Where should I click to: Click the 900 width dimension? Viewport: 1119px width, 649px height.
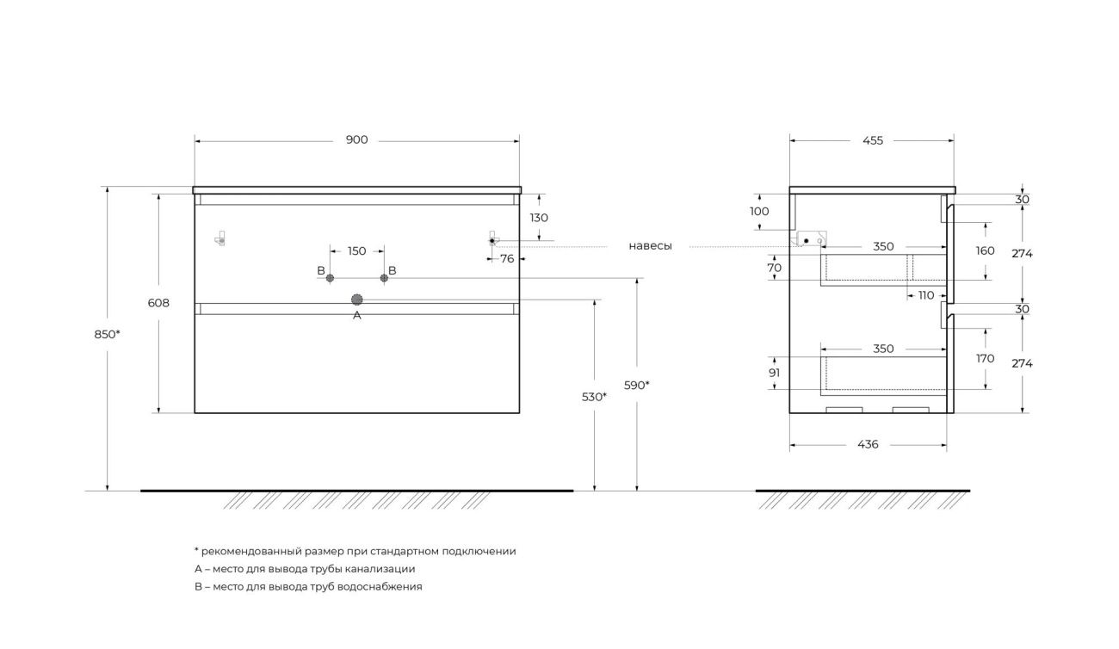click(x=356, y=140)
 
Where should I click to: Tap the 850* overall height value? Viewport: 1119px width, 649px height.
click(x=107, y=334)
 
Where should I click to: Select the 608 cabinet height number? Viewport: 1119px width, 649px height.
click(x=158, y=303)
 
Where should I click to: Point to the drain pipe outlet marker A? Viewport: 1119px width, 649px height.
click(x=356, y=300)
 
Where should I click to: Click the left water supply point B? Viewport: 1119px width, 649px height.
click(x=330, y=278)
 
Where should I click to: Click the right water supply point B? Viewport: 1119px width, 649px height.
click(x=384, y=278)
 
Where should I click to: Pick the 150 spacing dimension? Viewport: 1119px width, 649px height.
click(x=356, y=250)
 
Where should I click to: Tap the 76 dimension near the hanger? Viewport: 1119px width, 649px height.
click(x=507, y=259)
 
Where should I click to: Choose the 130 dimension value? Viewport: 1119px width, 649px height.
click(x=539, y=218)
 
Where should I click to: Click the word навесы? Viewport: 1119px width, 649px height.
click(x=650, y=246)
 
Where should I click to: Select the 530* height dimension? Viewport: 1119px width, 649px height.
click(x=594, y=397)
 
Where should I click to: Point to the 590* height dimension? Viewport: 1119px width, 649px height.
click(x=636, y=386)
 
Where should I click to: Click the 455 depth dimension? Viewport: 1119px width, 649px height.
click(x=873, y=141)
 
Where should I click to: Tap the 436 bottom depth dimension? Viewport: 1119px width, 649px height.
click(x=868, y=444)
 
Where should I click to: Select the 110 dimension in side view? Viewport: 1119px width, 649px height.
click(x=926, y=295)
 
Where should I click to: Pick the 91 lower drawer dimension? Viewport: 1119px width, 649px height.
click(x=775, y=373)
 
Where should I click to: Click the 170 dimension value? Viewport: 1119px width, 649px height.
click(x=985, y=358)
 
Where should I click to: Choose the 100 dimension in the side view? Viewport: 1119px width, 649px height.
click(x=759, y=212)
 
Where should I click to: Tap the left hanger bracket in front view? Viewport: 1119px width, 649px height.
click(x=220, y=238)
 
